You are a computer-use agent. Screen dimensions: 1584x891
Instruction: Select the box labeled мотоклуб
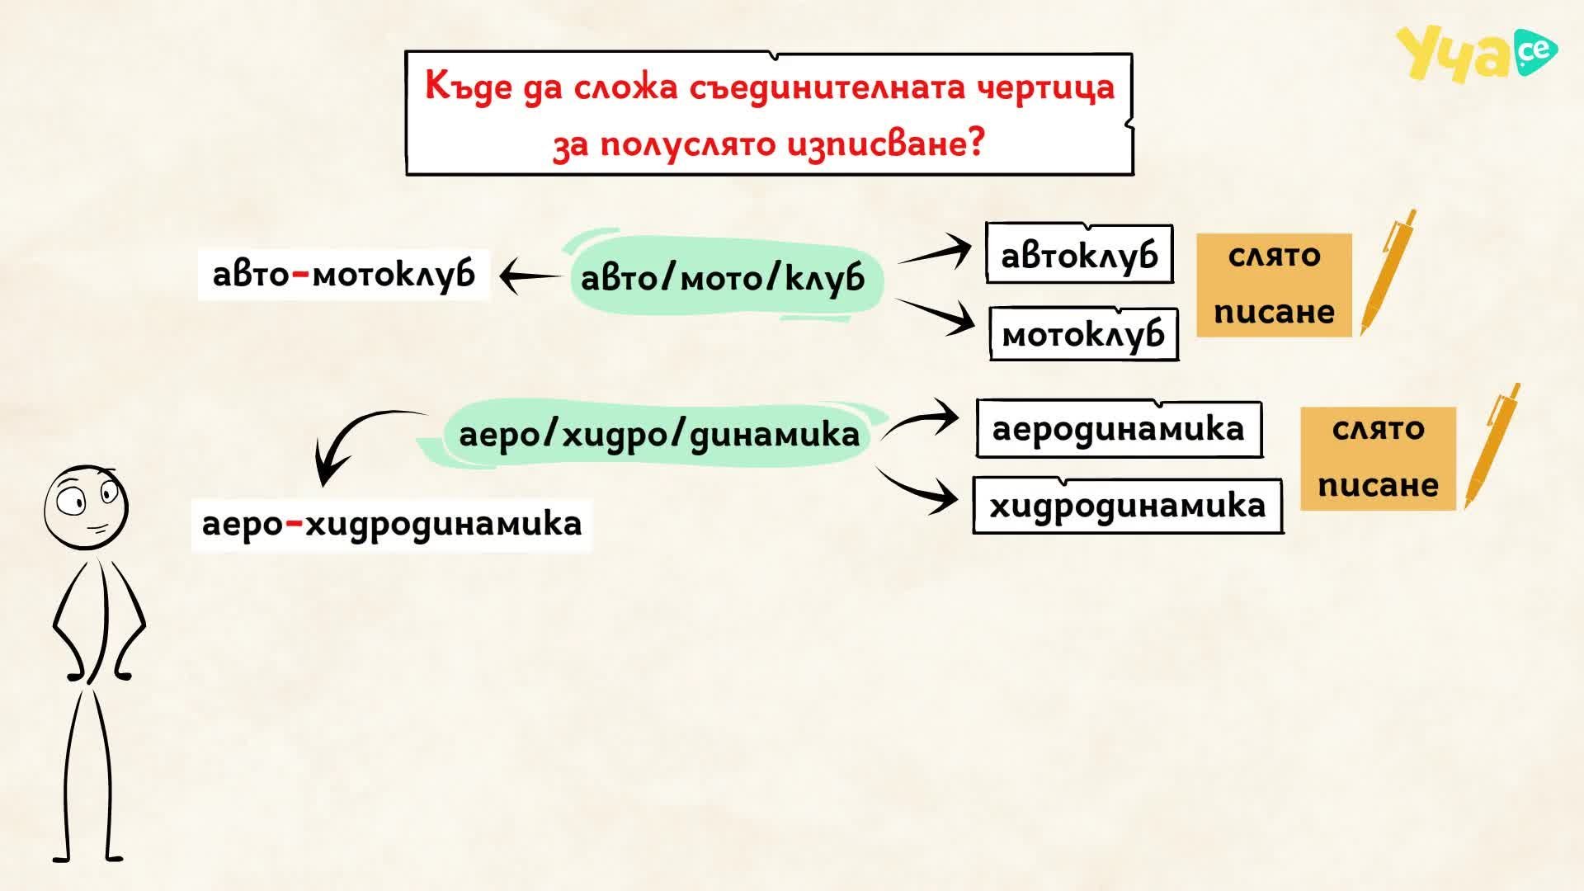point(1084,333)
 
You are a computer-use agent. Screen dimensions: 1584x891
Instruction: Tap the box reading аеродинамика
point(1119,429)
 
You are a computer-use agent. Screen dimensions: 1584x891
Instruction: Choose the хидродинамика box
point(1128,505)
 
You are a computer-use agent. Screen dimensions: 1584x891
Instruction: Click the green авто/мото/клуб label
point(723,276)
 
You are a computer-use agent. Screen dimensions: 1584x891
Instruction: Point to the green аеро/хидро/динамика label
point(658,434)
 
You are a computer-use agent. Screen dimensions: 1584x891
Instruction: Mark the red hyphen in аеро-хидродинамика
point(294,522)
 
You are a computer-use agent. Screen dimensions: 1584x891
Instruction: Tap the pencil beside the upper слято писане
point(1388,272)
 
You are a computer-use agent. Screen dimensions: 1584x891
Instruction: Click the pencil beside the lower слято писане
point(1492,446)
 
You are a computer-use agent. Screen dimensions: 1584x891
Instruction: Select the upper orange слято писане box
point(1275,285)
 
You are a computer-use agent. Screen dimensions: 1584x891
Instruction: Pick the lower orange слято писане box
point(1379,458)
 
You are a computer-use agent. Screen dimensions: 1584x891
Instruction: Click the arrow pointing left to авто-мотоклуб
point(530,276)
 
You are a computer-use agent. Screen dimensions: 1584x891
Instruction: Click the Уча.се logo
point(1476,54)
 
